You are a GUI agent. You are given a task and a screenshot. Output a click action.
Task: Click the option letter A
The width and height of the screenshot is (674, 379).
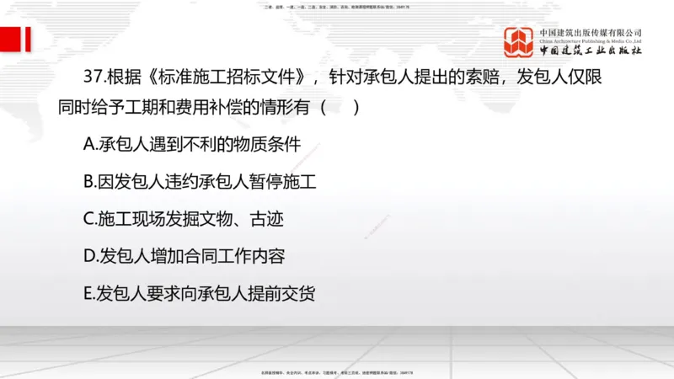click(90, 144)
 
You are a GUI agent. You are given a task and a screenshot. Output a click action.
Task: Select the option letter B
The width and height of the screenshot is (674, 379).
click(90, 181)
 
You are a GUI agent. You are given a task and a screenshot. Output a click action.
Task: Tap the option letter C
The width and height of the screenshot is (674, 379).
click(90, 219)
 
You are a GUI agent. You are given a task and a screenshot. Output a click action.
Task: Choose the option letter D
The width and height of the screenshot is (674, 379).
click(90, 256)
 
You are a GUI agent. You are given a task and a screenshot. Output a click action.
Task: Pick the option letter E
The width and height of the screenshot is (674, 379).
click(89, 293)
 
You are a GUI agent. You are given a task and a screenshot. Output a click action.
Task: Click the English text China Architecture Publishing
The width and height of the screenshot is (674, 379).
click(591, 40)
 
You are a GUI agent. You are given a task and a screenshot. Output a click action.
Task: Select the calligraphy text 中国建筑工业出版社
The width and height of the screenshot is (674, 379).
click(591, 51)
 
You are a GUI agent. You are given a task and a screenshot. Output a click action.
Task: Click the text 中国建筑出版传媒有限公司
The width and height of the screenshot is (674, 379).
click(591, 32)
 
